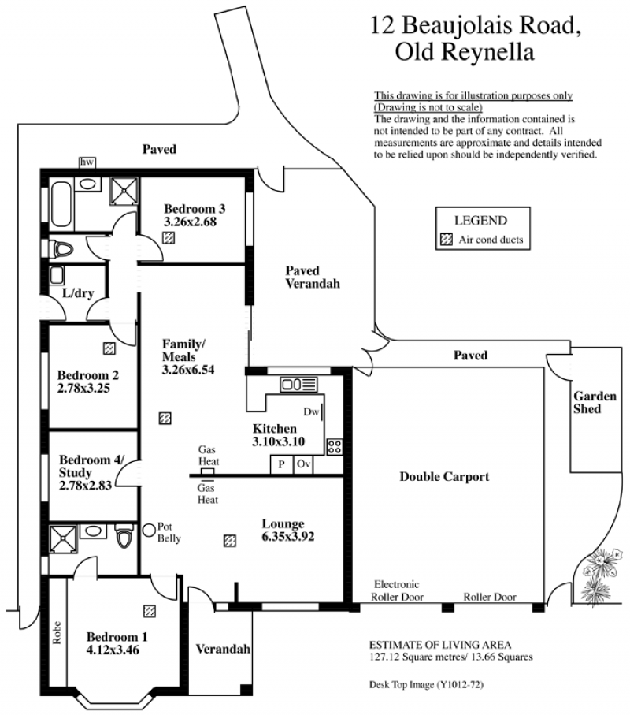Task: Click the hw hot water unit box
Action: (x=87, y=162)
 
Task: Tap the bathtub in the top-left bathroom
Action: (x=61, y=204)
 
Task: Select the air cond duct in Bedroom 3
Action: (x=169, y=237)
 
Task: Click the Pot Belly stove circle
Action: (x=149, y=530)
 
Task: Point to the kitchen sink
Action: (x=298, y=385)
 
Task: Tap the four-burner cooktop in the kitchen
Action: (x=335, y=446)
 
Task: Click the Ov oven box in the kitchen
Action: (x=303, y=464)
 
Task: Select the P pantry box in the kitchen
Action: (x=282, y=464)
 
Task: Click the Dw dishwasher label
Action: (x=311, y=411)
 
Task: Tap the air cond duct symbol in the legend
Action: (x=447, y=240)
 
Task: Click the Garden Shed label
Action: (x=595, y=402)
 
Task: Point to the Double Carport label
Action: (x=444, y=476)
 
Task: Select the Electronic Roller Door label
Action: (x=397, y=590)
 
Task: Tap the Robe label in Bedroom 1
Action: (x=57, y=633)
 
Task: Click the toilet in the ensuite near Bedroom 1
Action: (x=124, y=535)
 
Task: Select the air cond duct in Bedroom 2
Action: (x=109, y=348)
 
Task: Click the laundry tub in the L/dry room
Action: (x=57, y=276)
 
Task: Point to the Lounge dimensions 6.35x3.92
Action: (x=288, y=537)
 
